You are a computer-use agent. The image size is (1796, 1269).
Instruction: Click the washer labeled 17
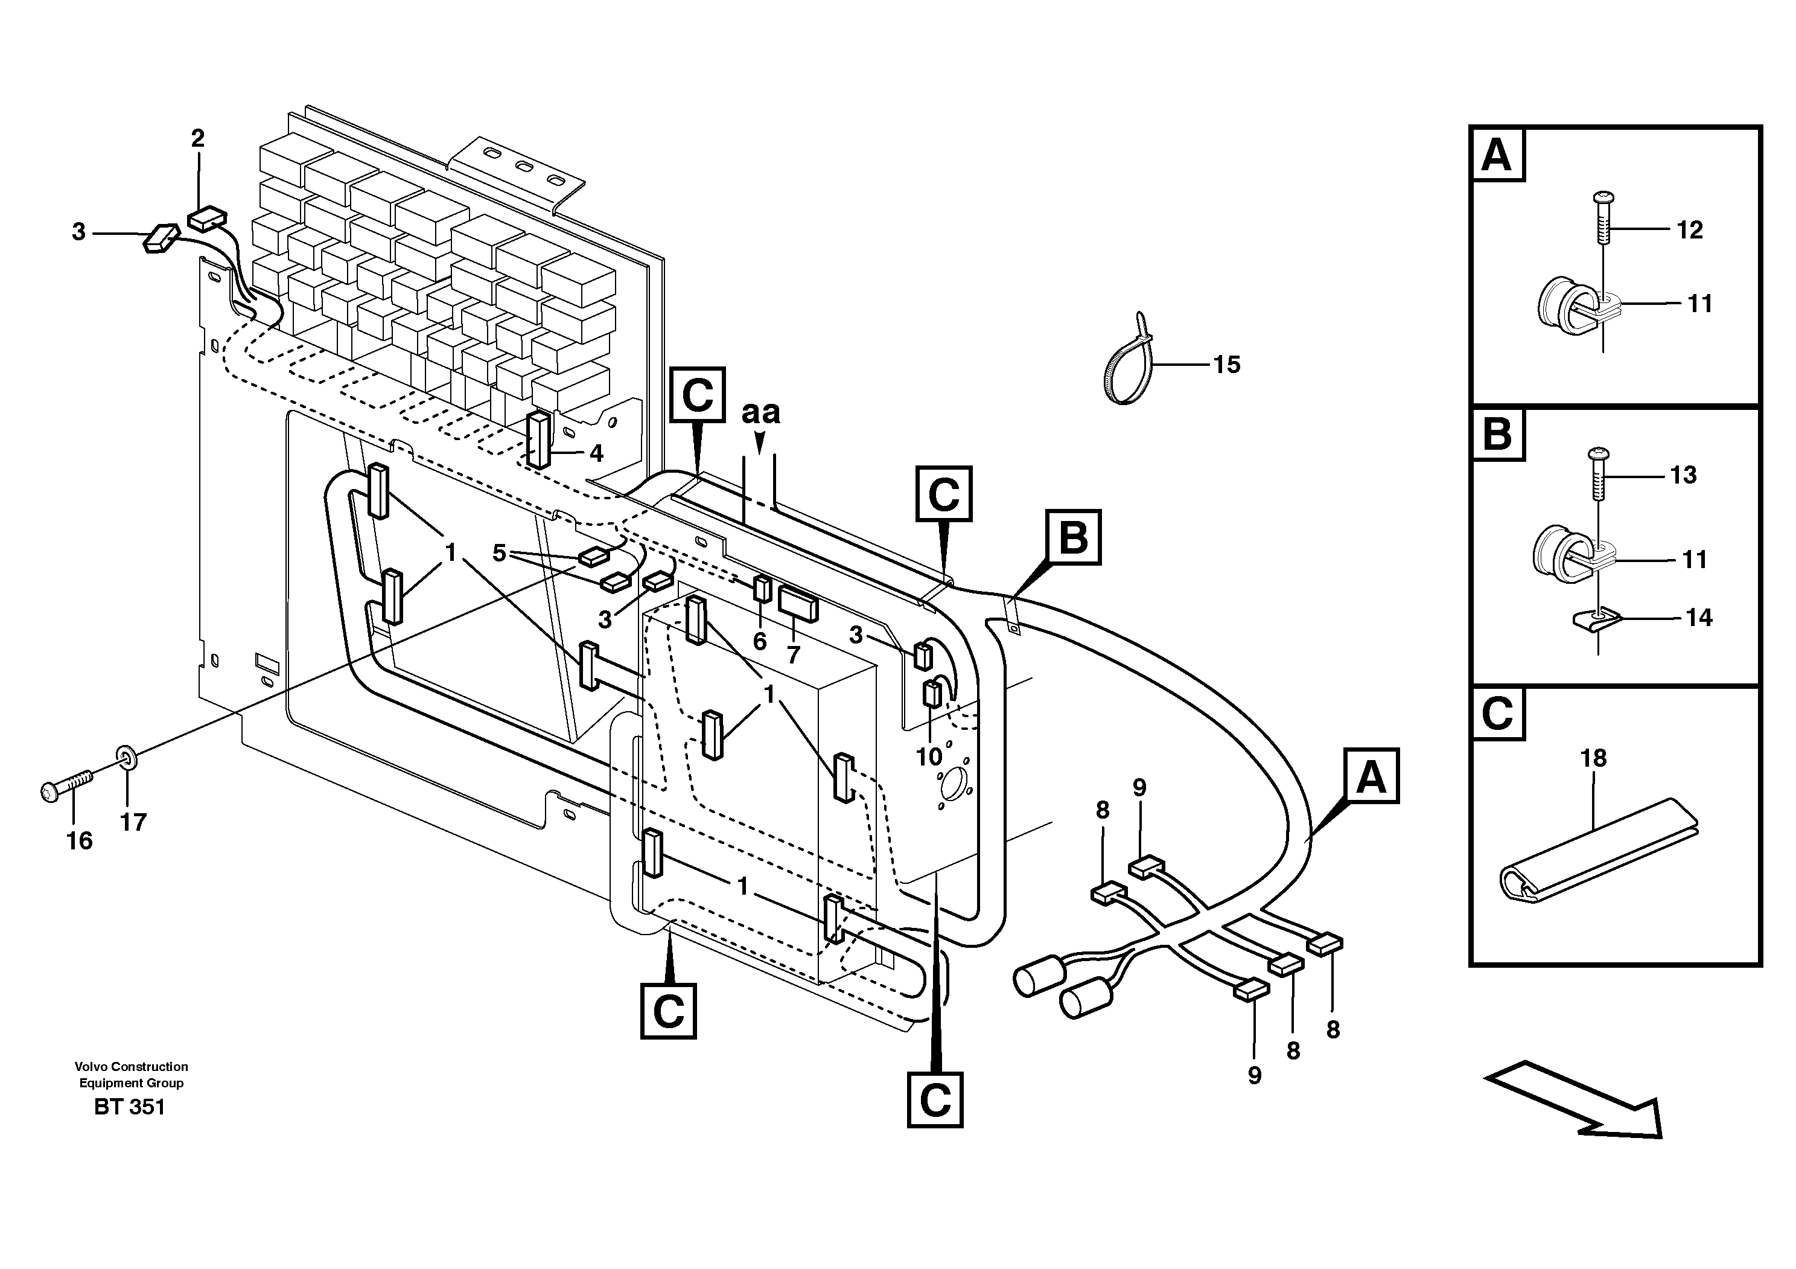click(125, 756)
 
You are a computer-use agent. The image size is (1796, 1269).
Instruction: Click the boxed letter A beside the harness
click(1371, 776)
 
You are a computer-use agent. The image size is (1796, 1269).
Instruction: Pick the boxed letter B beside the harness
click(1073, 537)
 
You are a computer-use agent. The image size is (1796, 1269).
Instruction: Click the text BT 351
click(130, 1107)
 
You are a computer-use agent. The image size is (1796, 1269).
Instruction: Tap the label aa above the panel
click(760, 412)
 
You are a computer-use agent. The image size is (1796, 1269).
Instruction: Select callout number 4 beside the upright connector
click(596, 453)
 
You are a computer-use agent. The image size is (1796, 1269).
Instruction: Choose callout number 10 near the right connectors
click(929, 756)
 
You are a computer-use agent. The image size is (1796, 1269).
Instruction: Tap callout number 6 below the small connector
click(760, 642)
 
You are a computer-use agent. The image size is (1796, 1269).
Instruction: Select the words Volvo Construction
click(132, 1066)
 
